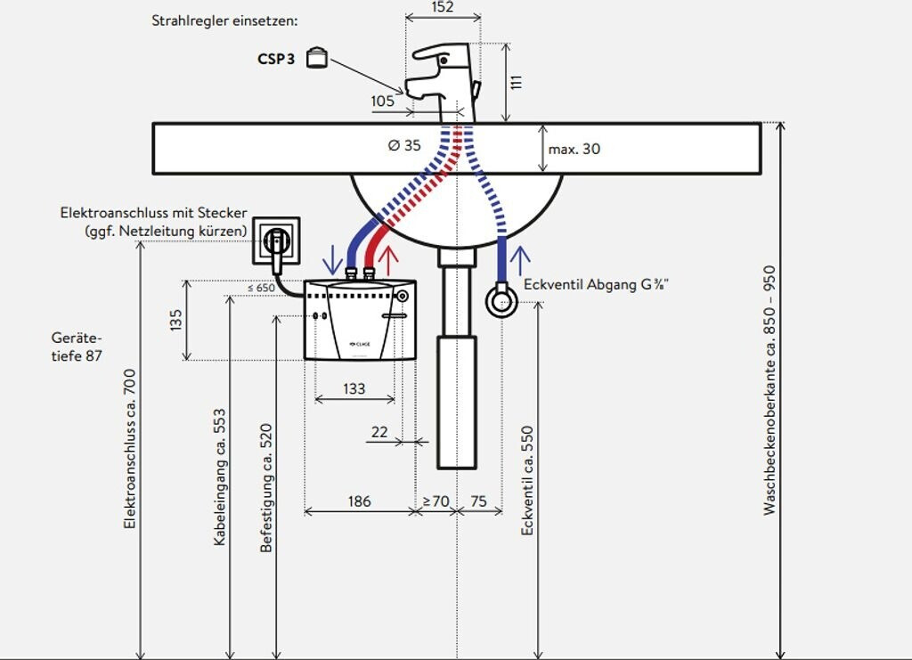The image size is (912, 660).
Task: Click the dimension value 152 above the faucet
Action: (x=442, y=8)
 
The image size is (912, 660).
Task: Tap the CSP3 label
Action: (x=277, y=60)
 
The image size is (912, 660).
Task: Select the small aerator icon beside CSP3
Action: (x=317, y=58)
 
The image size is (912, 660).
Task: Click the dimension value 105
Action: (x=382, y=102)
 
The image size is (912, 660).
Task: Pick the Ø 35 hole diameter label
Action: (x=405, y=145)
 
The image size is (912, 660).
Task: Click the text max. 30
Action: (x=574, y=149)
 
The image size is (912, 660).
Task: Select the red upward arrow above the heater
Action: (x=388, y=258)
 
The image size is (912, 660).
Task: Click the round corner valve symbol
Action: (x=501, y=300)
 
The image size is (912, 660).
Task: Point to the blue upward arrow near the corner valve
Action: (x=520, y=258)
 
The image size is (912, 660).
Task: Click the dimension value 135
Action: (x=175, y=319)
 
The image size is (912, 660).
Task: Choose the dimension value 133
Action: (x=354, y=388)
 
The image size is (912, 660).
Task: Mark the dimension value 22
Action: (x=379, y=432)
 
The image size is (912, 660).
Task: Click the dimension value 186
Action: (x=358, y=501)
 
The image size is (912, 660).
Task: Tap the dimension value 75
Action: (x=478, y=501)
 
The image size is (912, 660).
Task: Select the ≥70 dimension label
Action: (x=436, y=501)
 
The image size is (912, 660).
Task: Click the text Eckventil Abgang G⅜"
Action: (x=597, y=285)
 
